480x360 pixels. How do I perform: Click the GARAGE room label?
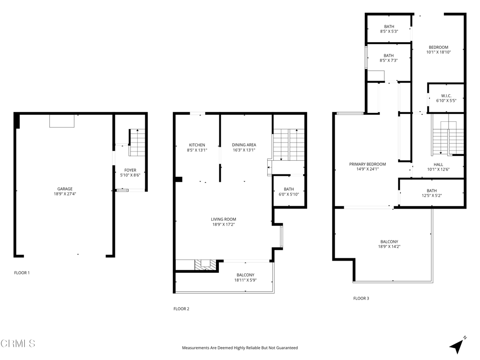click(65, 189)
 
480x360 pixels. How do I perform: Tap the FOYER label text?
click(130, 170)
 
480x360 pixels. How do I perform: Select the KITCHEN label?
click(197, 145)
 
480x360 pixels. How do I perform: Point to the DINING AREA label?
click(244, 145)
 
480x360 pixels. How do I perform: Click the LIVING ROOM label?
click(224, 219)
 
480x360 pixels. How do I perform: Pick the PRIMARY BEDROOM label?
click(367, 164)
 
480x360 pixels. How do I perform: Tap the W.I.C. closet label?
click(446, 96)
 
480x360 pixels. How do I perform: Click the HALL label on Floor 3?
click(438, 165)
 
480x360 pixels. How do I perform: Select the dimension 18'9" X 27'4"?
click(65, 194)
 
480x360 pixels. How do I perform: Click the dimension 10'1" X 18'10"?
click(439, 52)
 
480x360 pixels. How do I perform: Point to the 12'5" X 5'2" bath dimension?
click(432, 195)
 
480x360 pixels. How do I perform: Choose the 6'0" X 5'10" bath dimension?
click(289, 194)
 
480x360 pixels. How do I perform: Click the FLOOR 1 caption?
click(22, 273)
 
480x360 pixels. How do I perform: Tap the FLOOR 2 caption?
click(181, 308)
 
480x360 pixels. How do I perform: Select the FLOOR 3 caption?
click(361, 298)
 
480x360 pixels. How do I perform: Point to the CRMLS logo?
click(18, 343)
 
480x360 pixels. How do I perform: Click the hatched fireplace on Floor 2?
click(206, 265)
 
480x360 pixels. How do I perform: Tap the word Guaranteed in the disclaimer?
click(287, 348)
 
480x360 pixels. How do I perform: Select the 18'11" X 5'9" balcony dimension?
click(246, 280)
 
